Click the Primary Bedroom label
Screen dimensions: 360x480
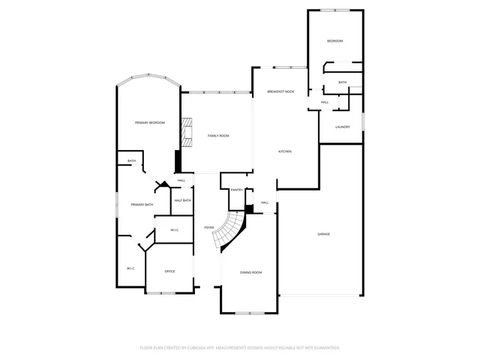tap(149, 122)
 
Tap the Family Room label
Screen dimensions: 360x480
tap(218, 136)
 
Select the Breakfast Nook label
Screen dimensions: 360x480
tap(280, 91)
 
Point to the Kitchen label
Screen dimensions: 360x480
tap(285, 151)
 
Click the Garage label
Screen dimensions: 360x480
tap(323, 234)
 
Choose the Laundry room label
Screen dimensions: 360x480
tap(343, 127)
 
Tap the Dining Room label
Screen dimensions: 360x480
tap(250, 273)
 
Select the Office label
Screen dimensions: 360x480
tap(169, 271)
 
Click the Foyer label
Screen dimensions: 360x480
tap(209, 227)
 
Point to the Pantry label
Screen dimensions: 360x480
tap(236, 190)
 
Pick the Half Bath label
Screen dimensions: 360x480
tap(182, 200)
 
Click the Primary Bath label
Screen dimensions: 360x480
tap(142, 205)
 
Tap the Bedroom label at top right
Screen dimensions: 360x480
tap(334, 40)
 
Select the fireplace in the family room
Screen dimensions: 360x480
tap(185, 133)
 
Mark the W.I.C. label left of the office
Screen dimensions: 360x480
tap(130, 268)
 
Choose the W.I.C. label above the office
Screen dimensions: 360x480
tap(173, 230)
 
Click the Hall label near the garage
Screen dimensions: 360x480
tap(265, 202)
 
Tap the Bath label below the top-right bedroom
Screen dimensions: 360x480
tap(343, 82)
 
